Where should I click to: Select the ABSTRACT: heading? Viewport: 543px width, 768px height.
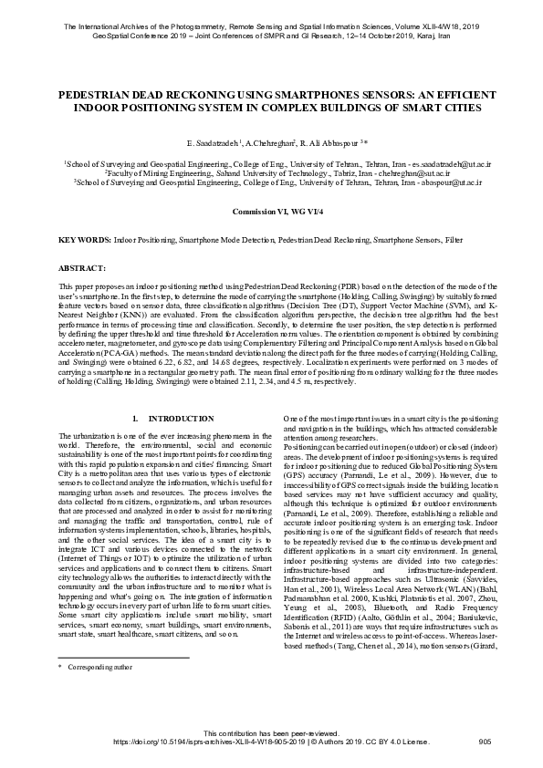(82, 270)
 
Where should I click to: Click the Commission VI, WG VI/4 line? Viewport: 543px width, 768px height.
(271, 211)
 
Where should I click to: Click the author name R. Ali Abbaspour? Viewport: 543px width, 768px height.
(323, 145)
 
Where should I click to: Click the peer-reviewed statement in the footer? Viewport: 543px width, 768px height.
(271, 733)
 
